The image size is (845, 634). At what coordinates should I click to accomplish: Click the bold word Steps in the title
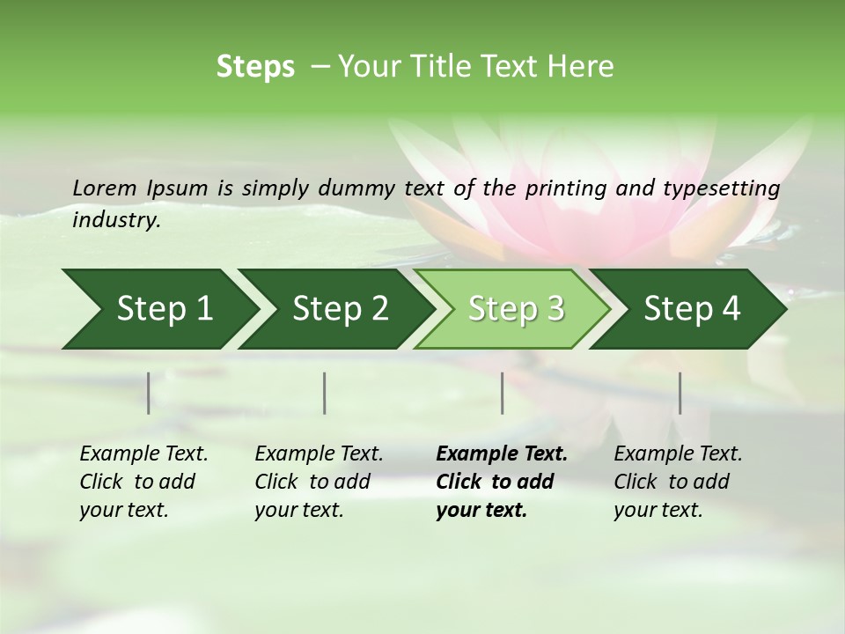click(255, 67)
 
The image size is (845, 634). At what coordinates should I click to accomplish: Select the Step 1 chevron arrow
click(158, 309)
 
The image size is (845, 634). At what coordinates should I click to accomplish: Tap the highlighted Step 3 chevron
click(515, 309)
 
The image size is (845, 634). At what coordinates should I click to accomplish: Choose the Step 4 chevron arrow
click(692, 309)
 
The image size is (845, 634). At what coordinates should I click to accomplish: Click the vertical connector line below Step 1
click(149, 393)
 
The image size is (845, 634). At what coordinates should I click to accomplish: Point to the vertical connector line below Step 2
click(325, 393)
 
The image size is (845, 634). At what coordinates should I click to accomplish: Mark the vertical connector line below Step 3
click(503, 393)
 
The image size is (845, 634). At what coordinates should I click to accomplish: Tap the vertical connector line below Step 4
click(680, 393)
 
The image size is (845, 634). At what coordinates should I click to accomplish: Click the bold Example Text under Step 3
click(502, 454)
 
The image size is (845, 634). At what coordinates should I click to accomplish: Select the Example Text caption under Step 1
click(143, 454)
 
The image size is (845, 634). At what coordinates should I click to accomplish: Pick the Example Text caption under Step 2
click(319, 454)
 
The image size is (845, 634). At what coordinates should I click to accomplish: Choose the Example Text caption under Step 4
click(678, 454)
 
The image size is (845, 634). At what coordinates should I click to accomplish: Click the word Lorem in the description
click(104, 188)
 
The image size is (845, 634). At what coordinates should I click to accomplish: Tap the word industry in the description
click(115, 220)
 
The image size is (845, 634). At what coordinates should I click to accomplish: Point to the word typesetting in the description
click(727, 188)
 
